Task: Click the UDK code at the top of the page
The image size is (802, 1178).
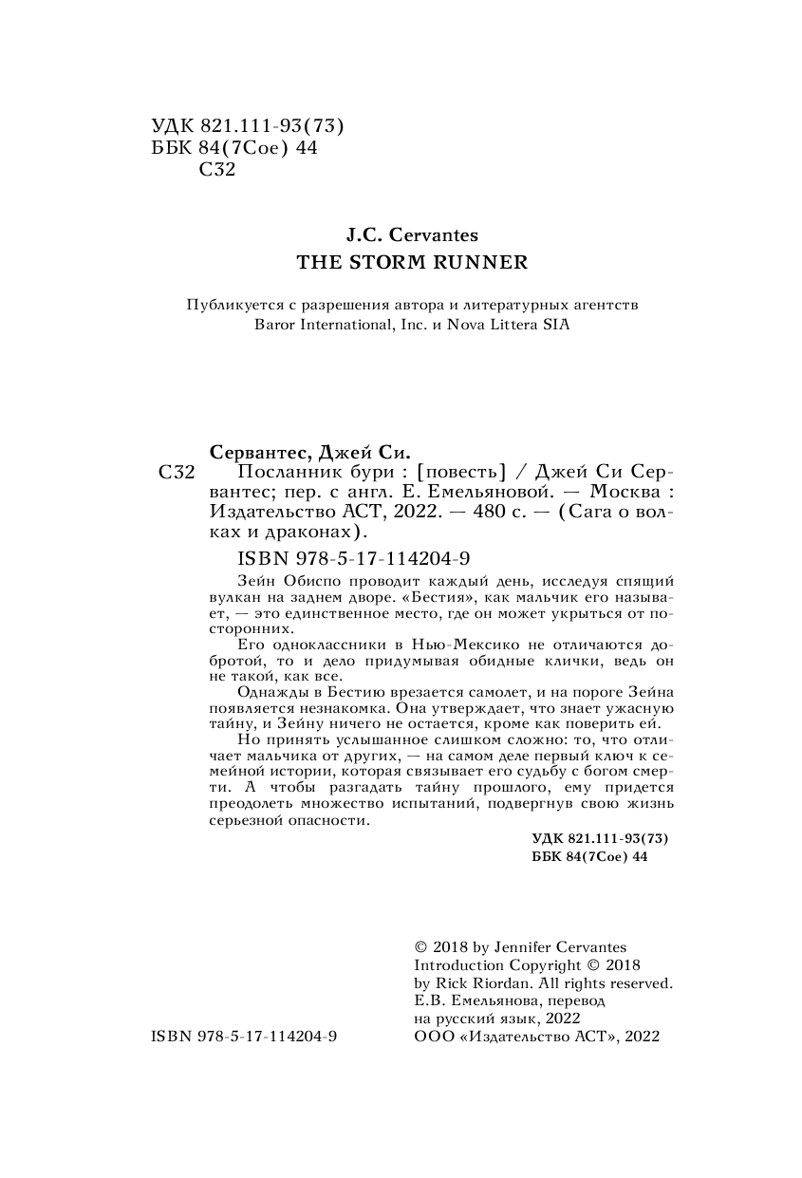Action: (x=247, y=126)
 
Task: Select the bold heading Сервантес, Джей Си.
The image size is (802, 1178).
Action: (x=313, y=451)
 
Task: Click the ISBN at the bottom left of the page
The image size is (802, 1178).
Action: (x=244, y=1038)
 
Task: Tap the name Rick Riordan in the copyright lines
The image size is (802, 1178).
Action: (x=476, y=983)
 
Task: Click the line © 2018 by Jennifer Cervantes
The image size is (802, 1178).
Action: (x=521, y=947)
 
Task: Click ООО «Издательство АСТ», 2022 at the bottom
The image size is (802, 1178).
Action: (x=537, y=1038)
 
